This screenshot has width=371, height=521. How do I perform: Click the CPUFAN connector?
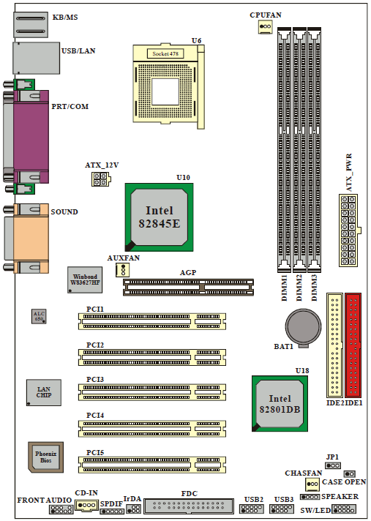click(265, 26)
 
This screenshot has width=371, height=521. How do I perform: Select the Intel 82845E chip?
click(159, 217)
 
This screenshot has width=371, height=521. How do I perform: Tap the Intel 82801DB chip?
click(280, 403)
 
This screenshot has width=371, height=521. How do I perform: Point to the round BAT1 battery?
click(303, 326)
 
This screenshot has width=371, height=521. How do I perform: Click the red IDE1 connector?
click(353, 345)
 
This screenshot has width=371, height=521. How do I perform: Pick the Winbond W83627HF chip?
click(85, 280)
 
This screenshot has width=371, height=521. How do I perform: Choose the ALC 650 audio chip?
click(39, 316)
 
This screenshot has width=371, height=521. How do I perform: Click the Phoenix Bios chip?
click(45, 457)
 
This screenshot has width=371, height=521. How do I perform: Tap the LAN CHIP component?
click(44, 392)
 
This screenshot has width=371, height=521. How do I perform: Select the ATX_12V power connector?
click(101, 179)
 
